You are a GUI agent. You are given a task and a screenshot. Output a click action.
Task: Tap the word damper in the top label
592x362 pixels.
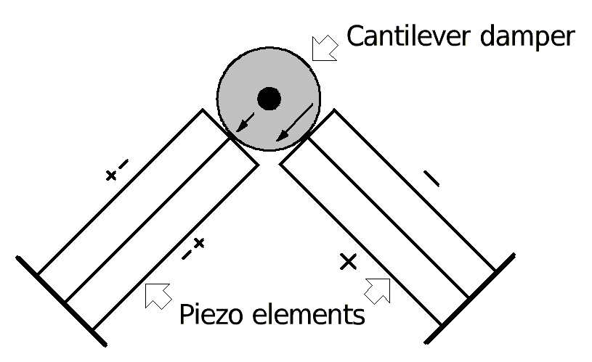[x=530, y=36]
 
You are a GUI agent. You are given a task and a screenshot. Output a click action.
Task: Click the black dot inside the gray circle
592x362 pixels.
[x=269, y=97]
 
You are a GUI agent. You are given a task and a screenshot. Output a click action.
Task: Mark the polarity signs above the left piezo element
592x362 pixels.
[x=116, y=171]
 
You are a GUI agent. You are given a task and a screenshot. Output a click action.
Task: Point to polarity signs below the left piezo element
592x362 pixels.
[x=193, y=248]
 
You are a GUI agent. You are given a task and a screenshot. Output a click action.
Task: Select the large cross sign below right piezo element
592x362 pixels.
[x=349, y=262]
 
